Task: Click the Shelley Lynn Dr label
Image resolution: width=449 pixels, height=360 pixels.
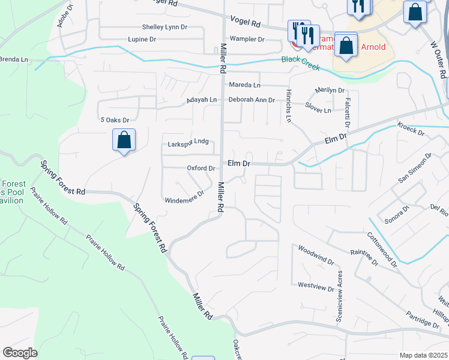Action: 164,27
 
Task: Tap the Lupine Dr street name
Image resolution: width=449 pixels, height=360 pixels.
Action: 142,39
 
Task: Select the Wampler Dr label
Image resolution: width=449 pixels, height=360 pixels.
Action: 247,39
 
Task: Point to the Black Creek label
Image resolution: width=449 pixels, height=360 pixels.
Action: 301,60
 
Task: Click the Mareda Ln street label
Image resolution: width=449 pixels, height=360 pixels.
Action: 244,86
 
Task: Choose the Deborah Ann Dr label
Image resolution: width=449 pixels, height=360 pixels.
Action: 252,100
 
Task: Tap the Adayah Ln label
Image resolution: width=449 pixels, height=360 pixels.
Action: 201,100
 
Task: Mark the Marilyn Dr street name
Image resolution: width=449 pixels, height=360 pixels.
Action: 330,91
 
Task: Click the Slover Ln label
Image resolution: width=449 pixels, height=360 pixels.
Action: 318,110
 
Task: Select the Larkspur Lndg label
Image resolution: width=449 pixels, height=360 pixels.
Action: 188,142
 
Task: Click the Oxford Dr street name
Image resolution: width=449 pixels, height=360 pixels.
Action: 200,169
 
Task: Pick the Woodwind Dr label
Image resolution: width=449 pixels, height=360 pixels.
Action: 316,254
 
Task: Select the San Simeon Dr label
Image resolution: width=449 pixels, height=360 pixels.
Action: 415,170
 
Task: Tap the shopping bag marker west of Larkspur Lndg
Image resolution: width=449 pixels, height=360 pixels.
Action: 124,141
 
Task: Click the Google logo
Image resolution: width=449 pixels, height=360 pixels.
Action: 20,353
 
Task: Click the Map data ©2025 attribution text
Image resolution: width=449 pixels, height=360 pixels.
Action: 423,355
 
